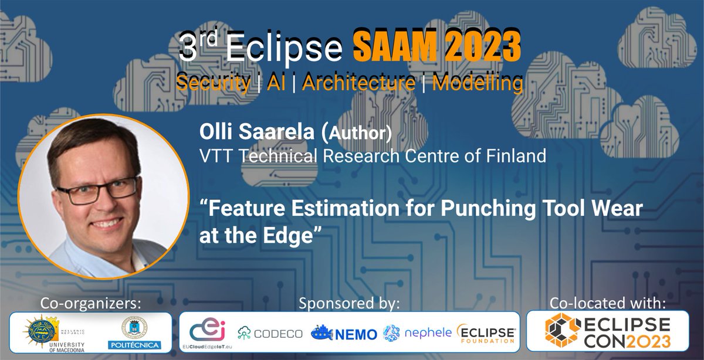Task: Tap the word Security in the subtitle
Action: click(212, 83)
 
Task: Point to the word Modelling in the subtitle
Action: click(478, 83)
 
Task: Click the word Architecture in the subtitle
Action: click(360, 83)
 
